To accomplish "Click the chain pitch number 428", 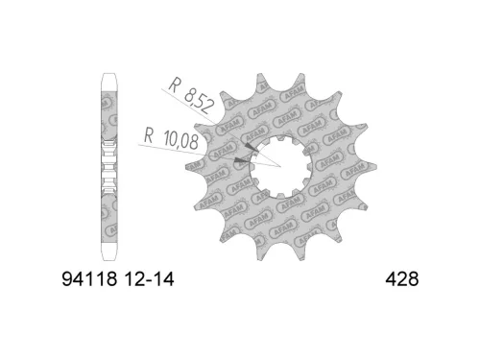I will click(x=402, y=277).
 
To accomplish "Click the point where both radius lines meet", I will click(x=278, y=166).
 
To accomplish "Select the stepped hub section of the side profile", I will click(x=109, y=165).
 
